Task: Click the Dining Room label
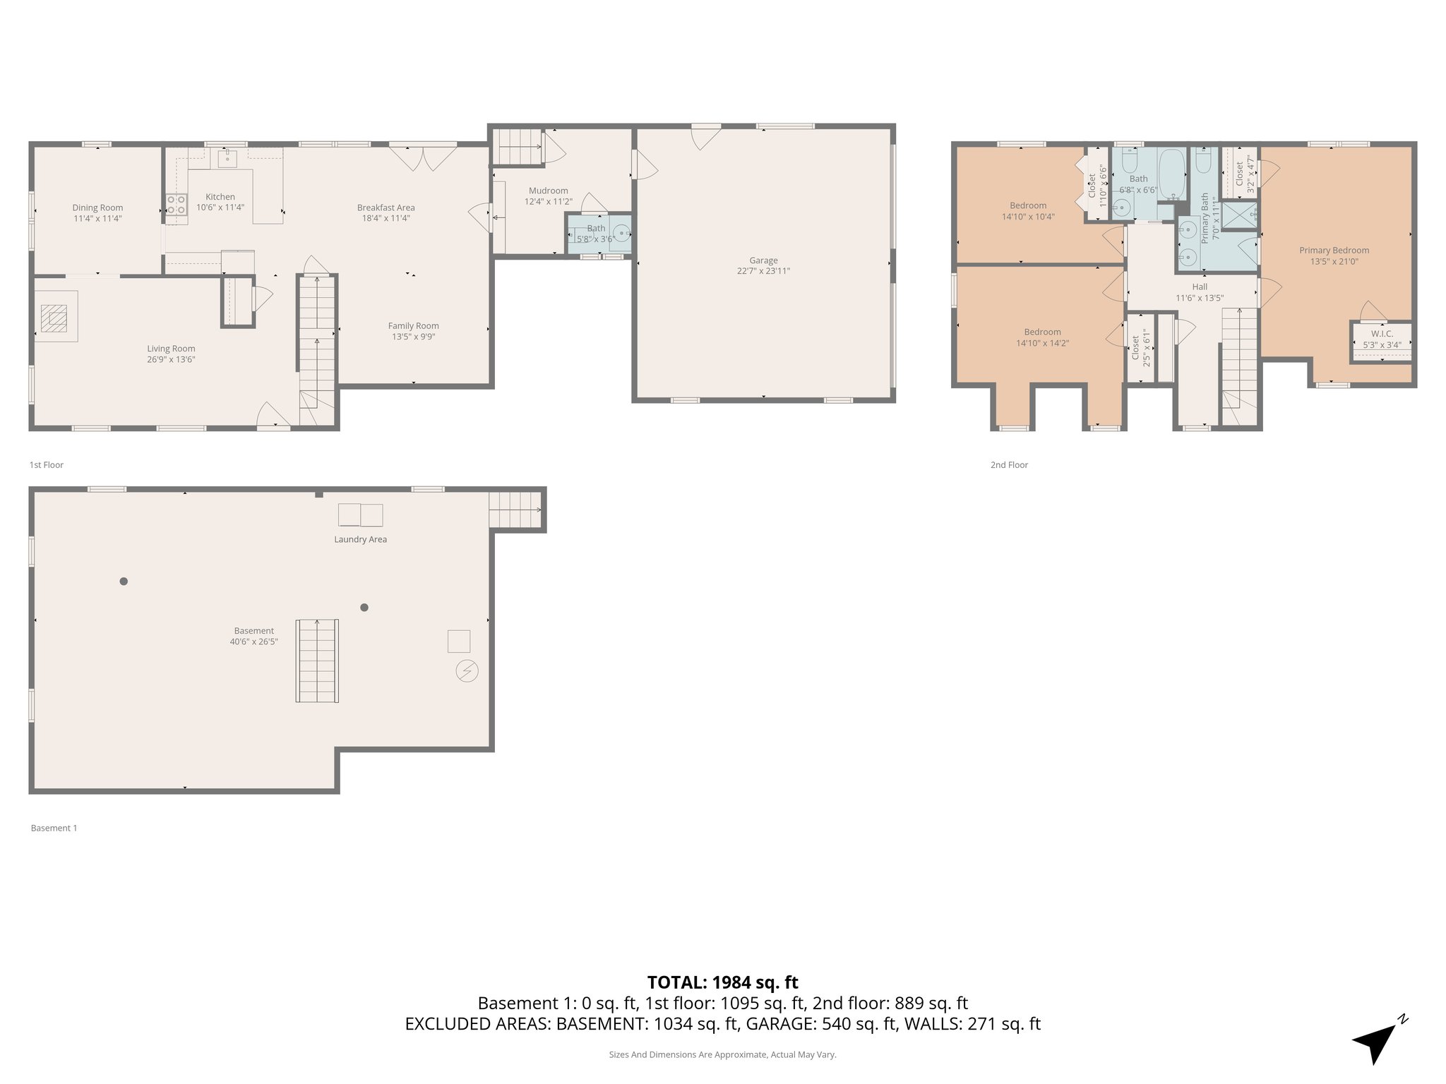tap(97, 207)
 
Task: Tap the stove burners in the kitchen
tap(176, 205)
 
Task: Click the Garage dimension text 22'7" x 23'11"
tap(763, 271)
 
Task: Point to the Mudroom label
tap(548, 191)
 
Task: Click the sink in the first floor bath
tap(621, 232)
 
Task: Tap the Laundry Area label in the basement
tap(360, 539)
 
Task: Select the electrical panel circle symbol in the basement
tap(467, 670)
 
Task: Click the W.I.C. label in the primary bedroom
tap(1382, 334)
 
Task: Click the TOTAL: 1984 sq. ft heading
tap(722, 982)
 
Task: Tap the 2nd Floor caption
tap(1009, 464)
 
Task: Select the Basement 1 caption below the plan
tap(54, 828)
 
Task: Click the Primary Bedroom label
tap(1334, 250)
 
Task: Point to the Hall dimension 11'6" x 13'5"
tap(1199, 298)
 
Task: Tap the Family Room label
tap(413, 325)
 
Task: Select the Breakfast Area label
tap(386, 207)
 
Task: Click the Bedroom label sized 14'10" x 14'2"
tap(1042, 332)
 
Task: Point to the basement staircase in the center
tap(317, 661)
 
